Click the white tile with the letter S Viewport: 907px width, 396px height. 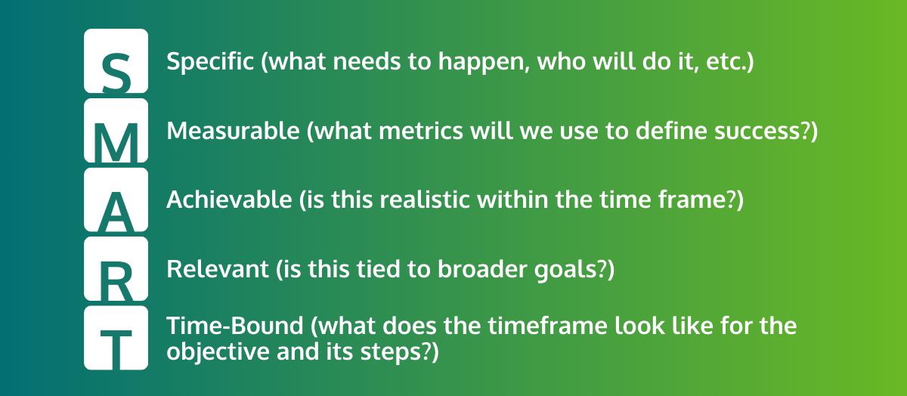pos(116,61)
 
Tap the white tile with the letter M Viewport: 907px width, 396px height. pos(116,131)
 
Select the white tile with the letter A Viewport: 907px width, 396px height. pos(116,200)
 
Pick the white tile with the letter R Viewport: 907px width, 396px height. pos(116,270)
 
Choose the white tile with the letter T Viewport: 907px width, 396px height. pos(116,338)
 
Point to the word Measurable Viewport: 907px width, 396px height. pos(233,131)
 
